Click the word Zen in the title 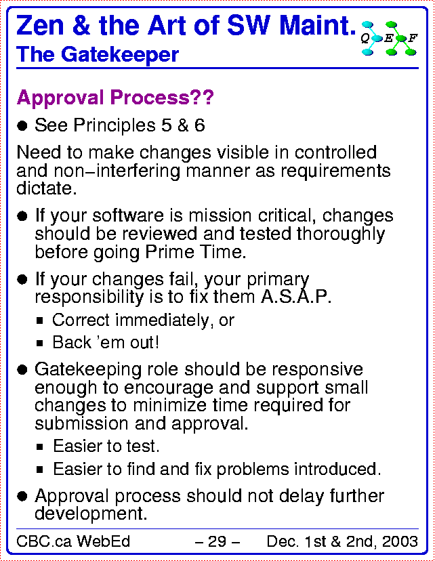pos(40,26)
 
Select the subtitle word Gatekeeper pos(120,55)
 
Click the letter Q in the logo pos(365,39)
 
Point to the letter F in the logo pos(413,38)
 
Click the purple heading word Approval pos(60,98)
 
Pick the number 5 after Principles pos(167,125)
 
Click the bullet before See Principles pos(22,126)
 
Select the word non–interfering pos(117,171)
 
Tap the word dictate pos(47,188)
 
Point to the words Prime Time pos(195,252)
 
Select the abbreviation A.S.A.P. pos(296,296)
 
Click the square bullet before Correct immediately pos(40,320)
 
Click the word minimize pos(169,405)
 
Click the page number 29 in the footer pos(217,541)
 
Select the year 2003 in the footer pos(400,541)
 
